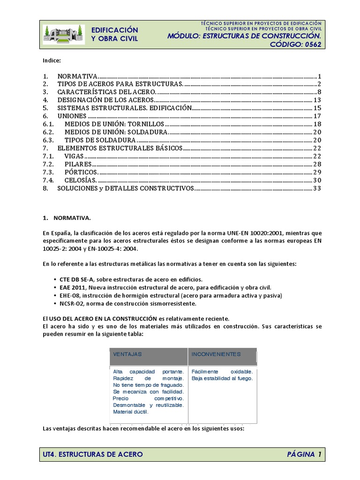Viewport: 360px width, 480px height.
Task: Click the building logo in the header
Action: (x=64, y=34)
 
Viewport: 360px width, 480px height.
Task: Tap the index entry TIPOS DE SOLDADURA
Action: (x=100, y=140)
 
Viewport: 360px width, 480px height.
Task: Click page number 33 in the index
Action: (x=316, y=188)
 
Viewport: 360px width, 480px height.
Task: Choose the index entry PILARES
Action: (x=78, y=164)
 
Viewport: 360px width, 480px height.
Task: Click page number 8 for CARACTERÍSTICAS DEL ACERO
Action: (x=318, y=91)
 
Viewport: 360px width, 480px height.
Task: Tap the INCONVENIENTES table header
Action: (x=216, y=354)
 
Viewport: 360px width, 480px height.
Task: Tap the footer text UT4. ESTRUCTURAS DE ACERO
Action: (x=93, y=454)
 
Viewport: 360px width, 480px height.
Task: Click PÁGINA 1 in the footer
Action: (x=304, y=454)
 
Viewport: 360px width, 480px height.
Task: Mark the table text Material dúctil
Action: (x=131, y=412)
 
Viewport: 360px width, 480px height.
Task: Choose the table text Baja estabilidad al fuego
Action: (x=222, y=378)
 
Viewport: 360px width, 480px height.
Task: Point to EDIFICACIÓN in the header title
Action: (x=114, y=30)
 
